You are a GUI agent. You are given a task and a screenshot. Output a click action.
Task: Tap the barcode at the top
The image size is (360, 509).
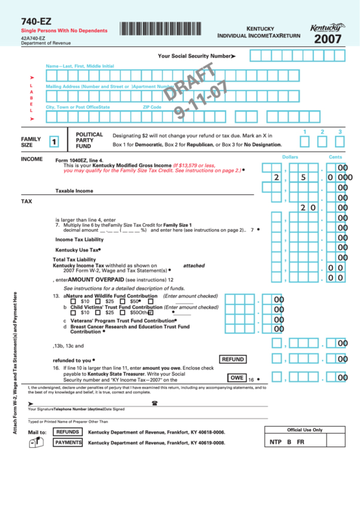point(163,29)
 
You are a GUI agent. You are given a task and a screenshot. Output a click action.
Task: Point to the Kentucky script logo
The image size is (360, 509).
point(325,28)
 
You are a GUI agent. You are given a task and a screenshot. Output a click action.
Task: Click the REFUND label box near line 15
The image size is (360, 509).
point(233,359)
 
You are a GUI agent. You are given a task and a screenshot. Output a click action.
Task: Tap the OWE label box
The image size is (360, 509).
point(236,378)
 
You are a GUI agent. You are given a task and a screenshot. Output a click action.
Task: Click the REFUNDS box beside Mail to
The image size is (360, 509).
point(68,432)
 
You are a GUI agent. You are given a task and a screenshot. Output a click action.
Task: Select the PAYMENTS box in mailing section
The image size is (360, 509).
point(69,442)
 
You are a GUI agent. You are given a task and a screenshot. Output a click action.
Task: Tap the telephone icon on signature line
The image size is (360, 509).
point(155,403)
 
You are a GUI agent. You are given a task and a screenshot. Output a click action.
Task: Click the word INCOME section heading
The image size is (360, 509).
point(31,158)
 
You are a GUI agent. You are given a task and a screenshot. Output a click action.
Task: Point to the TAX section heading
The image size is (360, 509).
point(26,202)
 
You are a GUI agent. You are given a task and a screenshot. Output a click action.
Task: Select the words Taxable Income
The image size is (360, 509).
point(74,191)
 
